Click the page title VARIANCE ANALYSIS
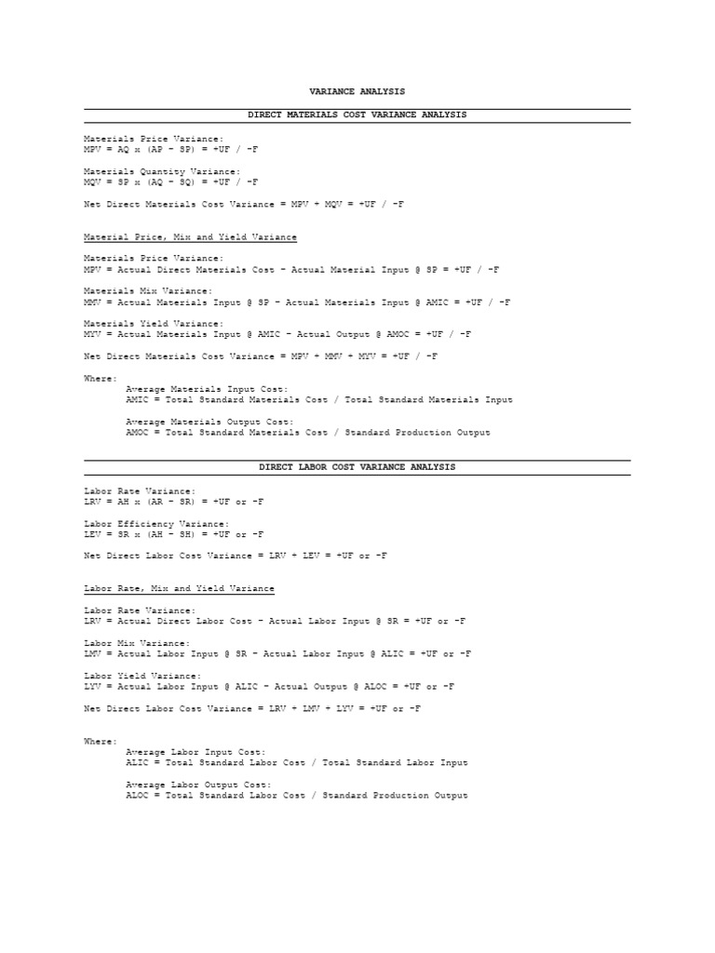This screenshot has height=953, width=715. click(x=357, y=91)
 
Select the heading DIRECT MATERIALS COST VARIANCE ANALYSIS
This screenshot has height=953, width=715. click(x=357, y=114)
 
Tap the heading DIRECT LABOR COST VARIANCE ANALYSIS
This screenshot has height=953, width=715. click(x=357, y=467)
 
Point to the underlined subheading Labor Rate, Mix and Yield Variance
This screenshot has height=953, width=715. click(x=179, y=588)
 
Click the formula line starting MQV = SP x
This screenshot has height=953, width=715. click(x=171, y=182)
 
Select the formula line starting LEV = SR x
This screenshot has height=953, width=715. click(x=173, y=534)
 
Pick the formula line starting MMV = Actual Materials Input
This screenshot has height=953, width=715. click(x=296, y=302)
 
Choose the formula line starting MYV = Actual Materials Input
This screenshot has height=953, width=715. click(x=277, y=334)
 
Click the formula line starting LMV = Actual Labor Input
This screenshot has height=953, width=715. click(x=277, y=654)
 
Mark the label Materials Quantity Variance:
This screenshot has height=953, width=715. click(x=161, y=171)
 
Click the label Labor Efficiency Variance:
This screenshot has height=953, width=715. click(x=155, y=523)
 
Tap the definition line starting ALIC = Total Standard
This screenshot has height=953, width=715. click(x=296, y=763)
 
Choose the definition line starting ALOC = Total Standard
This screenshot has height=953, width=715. click(x=296, y=796)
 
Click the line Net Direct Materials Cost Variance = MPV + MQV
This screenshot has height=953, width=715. click(x=244, y=204)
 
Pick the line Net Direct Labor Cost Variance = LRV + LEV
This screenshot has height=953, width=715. click(x=235, y=556)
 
